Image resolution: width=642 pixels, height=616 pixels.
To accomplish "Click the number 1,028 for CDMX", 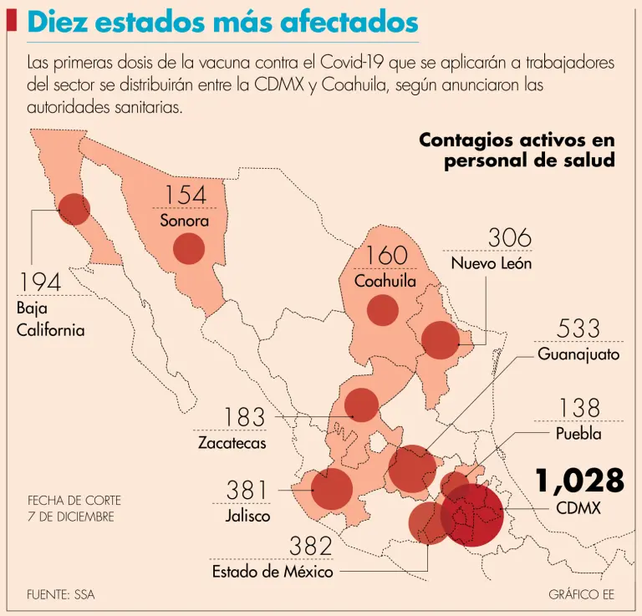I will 580,481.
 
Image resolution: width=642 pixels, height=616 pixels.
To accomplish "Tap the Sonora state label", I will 184,221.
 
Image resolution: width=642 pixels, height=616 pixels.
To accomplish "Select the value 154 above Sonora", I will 184,195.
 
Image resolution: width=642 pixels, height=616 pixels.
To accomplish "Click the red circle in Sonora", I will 188,248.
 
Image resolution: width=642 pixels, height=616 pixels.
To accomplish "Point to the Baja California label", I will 50,318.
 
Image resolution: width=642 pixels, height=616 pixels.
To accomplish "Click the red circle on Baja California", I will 74,209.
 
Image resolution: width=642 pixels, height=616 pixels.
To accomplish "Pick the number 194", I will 41,283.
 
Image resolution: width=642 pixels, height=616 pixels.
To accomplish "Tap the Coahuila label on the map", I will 385,281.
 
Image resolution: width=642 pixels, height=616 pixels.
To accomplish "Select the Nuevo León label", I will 492,263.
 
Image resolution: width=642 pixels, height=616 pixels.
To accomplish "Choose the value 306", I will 509,238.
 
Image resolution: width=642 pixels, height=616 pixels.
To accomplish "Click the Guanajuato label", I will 578,354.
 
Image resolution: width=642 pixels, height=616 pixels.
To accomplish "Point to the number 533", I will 578,328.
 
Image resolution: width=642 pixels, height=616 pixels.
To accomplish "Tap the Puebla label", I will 578,434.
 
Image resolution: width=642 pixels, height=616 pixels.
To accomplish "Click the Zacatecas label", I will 232,442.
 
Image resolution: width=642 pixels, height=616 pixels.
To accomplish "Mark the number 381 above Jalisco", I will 247,490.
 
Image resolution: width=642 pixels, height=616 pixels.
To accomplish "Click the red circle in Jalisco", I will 331,489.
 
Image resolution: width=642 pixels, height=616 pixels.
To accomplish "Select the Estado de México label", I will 273,572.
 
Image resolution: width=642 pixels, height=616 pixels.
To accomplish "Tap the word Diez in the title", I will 59,23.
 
